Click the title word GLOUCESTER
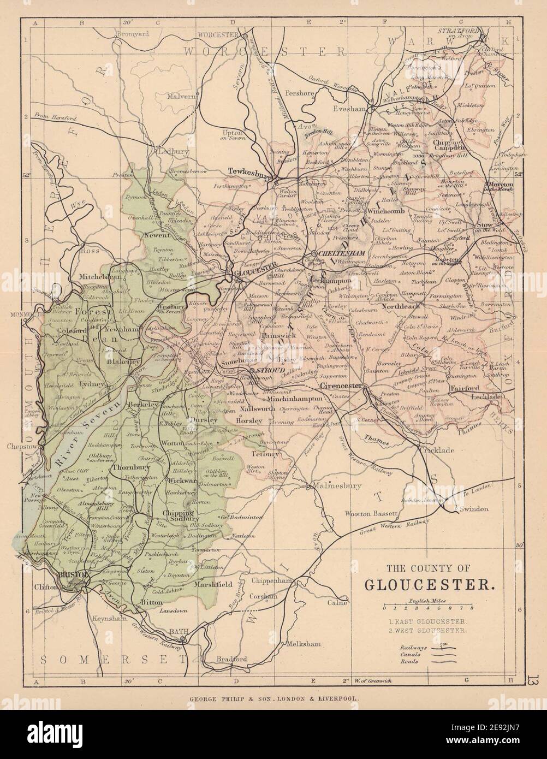click(430, 584)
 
